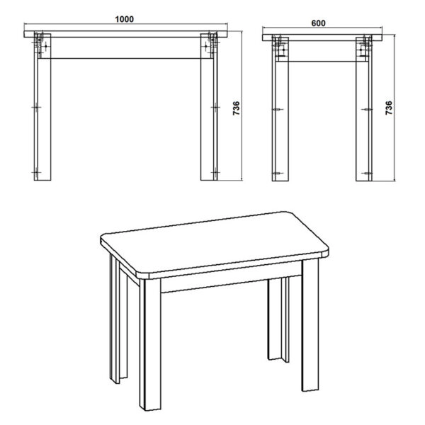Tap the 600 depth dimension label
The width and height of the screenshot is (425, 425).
tap(318, 22)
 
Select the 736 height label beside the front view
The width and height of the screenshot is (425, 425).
tap(237, 109)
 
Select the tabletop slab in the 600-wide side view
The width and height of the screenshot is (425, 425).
tap(322, 38)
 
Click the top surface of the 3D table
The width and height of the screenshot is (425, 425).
tap(212, 241)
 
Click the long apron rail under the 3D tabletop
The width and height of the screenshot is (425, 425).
tap(220, 283)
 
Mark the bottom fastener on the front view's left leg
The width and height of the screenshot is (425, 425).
tap(37, 171)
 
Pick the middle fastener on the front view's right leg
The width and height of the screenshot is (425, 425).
tap(214, 108)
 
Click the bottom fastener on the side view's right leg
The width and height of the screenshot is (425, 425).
tap(365, 171)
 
